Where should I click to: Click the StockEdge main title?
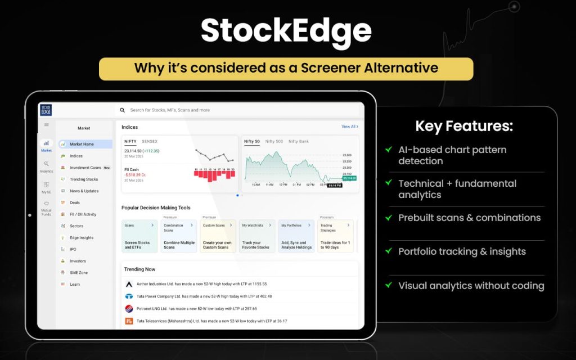[286, 31]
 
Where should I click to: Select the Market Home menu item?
[82, 144]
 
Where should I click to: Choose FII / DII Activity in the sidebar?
[83, 214]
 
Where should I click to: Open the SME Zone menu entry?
[78, 273]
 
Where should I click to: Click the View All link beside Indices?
[349, 127]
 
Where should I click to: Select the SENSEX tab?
[150, 141]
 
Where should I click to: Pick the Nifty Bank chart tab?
[298, 141]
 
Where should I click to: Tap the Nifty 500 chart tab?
[274, 141]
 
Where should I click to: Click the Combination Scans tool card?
[178, 236]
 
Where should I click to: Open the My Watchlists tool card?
[256, 236]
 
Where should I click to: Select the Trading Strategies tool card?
[335, 236]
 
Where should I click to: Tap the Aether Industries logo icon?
[129, 284]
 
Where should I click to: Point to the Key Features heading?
[464, 126]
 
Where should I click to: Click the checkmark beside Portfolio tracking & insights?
[388, 251]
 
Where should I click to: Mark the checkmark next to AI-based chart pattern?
[388, 150]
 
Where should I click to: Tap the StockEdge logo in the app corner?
[46, 110]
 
